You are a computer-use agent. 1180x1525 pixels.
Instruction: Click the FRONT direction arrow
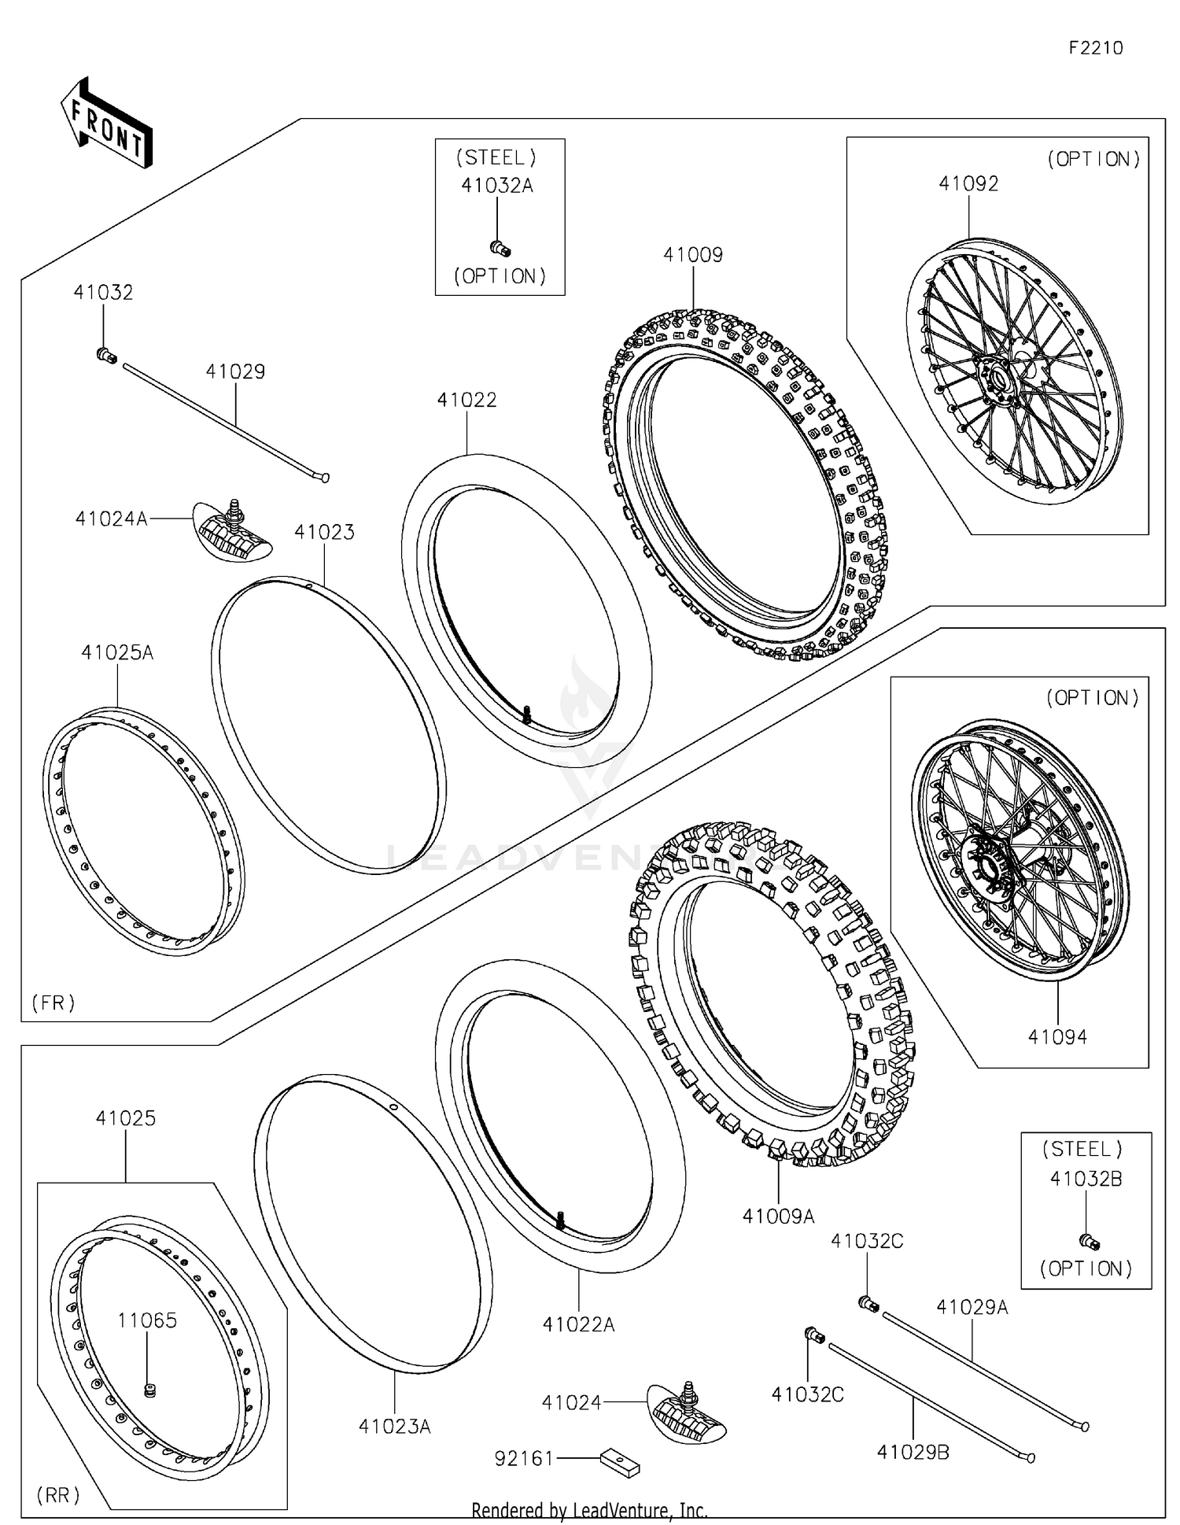pyautogui.click(x=107, y=124)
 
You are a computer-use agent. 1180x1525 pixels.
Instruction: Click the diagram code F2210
pyautogui.click(x=1095, y=48)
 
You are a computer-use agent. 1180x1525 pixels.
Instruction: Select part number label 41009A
pyautogui.click(x=778, y=1216)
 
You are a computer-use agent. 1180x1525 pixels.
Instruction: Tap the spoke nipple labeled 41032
pyautogui.click(x=106, y=356)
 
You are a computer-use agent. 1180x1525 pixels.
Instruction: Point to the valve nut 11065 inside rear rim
pyautogui.click(x=149, y=1390)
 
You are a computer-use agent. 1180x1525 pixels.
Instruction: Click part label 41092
pyautogui.click(x=968, y=183)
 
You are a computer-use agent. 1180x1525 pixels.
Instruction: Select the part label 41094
pyautogui.click(x=1057, y=1036)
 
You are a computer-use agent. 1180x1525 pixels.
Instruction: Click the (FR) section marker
pyautogui.click(x=53, y=1002)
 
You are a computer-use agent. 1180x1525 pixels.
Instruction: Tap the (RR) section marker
pyautogui.click(x=58, y=1494)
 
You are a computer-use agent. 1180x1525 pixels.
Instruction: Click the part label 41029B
pyautogui.click(x=913, y=1452)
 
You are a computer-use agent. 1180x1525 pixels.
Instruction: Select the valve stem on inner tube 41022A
pyautogui.click(x=561, y=1220)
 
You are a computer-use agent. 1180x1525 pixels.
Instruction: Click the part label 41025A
pyautogui.click(x=117, y=652)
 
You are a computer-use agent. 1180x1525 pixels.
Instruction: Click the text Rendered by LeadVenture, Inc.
pyautogui.click(x=589, y=1510)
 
